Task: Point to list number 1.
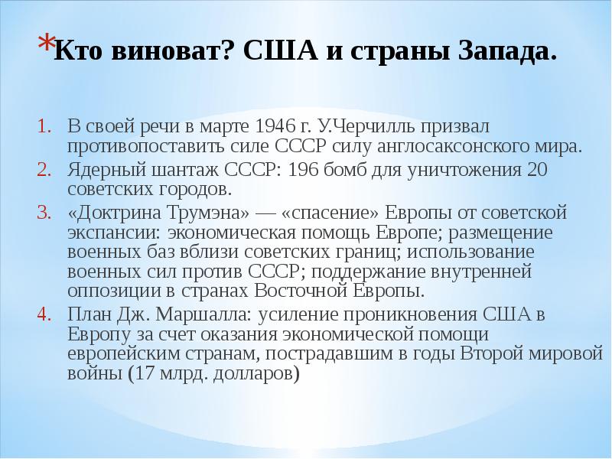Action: coord(44,125)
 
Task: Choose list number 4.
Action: coord(44,314)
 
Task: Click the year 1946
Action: coord(275,125)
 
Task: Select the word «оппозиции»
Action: coord(114,292)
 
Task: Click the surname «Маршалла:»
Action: coord(203,314)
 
